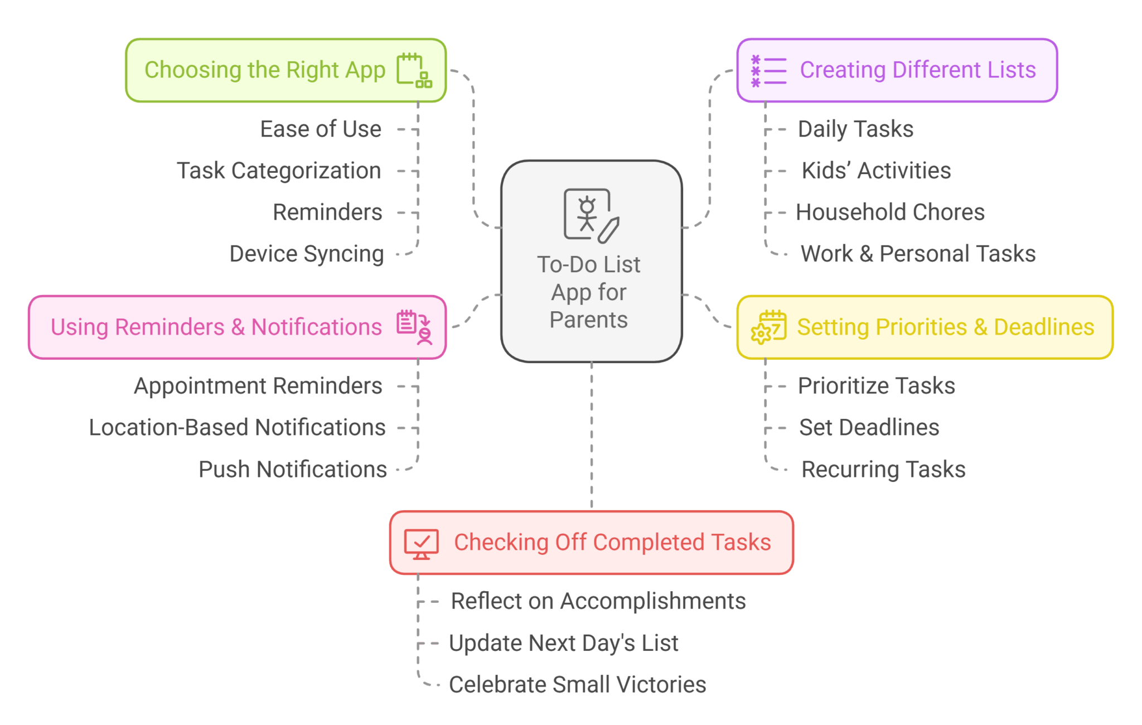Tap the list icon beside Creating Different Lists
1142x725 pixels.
pos(768,71)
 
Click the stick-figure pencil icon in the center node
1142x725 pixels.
pos(591,215)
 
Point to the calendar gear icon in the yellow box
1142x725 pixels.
pos(768,327)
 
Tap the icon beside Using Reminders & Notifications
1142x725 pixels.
pos(414,327)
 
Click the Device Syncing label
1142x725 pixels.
pos(307,254)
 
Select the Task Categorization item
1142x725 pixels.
pos(279,171)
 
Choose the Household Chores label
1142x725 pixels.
pos(890,212)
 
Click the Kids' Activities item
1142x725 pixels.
pos(876,171)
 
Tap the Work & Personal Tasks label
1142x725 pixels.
pos(918,254)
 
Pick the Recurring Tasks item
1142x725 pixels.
pos(883,470)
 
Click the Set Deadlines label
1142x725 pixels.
pos(869,428)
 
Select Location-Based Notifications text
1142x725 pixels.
pos(237,428)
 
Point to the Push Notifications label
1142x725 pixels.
pos(293,470)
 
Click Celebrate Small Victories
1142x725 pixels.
pos(577,685)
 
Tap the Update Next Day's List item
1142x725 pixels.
pos(563,643)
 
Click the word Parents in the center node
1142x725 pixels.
pos(588,320)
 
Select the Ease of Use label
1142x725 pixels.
pos(321,129)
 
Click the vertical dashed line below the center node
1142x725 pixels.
pos(592,435)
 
